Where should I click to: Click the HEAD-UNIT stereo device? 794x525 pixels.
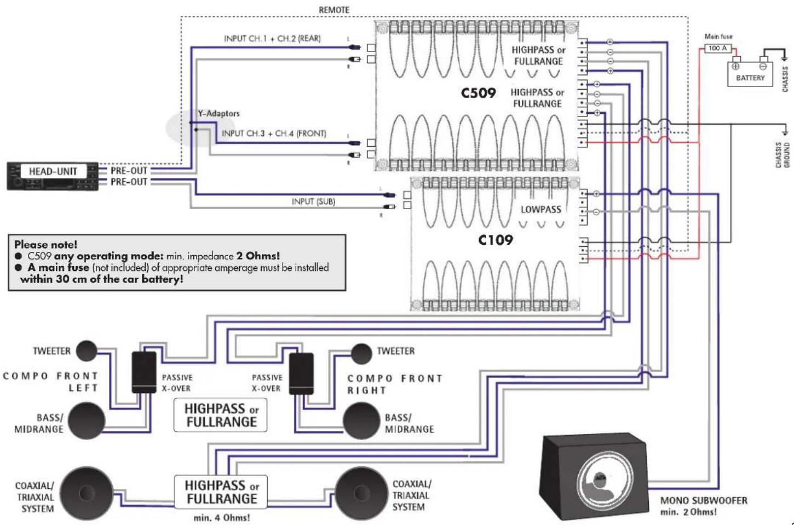coord(53,176)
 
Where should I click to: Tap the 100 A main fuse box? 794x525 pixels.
coord(717,48)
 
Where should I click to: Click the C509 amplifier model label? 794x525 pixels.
coord(478,93)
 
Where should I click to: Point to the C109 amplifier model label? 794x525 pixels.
coord(495,240)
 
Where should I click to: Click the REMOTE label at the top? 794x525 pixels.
coord(333,10)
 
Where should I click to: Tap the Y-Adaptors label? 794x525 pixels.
coord(218,113)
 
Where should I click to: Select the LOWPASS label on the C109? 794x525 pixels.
coord(540,209)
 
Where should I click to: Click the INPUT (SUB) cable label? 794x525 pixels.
coord(313,201)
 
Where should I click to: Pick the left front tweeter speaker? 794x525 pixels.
coord(86,351)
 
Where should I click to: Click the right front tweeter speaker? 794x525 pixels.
coord(361,354)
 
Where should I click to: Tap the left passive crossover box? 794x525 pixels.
coord(144,372)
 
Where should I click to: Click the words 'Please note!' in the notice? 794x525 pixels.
coord(46,244)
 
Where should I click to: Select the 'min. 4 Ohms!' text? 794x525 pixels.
coord(221,517)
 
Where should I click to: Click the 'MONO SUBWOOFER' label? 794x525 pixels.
coord(703,500)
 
